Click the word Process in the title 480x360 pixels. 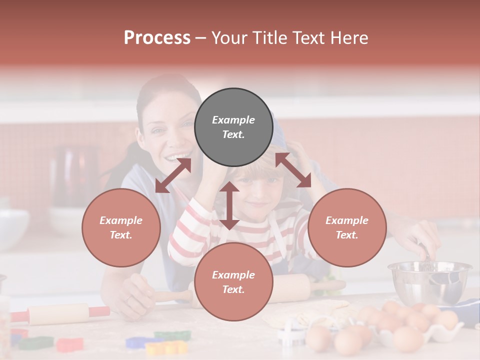pyautogui.click(x=157, y=38)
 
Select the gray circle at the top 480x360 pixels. pyautogui.click(x=233, y=127)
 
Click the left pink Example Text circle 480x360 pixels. pyautogui.click(x=121, y=227)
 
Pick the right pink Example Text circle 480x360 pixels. pyautogui.click(x=347, y=227)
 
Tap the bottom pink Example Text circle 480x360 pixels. pyautogui.click(x=233, y=282)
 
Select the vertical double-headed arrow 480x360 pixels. pyautogui.click(x=229, y=205)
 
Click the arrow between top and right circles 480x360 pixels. pyautogui.click(x=293, y=170)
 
